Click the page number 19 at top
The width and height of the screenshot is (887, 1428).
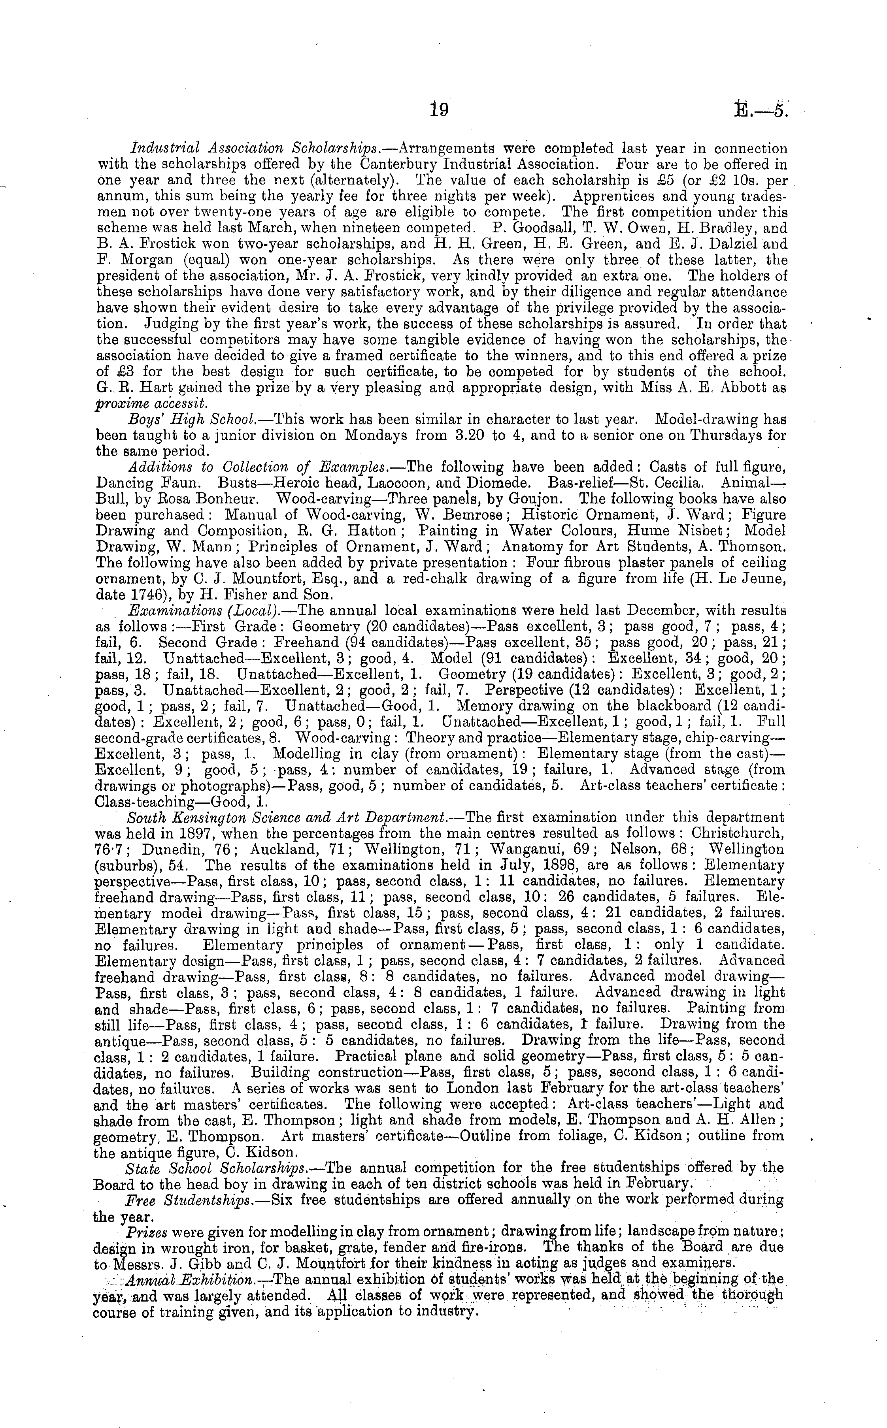pos(439,110)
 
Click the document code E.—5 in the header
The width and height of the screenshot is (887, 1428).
pos(760,110)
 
